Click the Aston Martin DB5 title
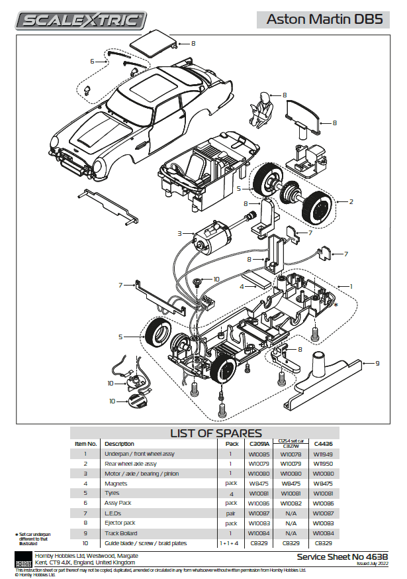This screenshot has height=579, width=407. click(324, 19)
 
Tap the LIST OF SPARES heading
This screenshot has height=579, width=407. click(216, 433)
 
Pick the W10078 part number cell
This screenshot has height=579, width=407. click(291, 454)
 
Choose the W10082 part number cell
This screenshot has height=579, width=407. click(291, 503)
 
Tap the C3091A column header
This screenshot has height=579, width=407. click(259, 443)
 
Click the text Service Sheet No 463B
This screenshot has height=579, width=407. click(342, 557)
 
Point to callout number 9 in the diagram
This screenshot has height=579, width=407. click(377, 362)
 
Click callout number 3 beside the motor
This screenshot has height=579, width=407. click(179, 233)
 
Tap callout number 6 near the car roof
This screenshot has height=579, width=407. click(93, 61)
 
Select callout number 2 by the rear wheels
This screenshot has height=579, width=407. click(351, 201)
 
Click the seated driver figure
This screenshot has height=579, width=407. click(262, 109)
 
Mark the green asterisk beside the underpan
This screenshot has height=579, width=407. click(336, 305)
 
